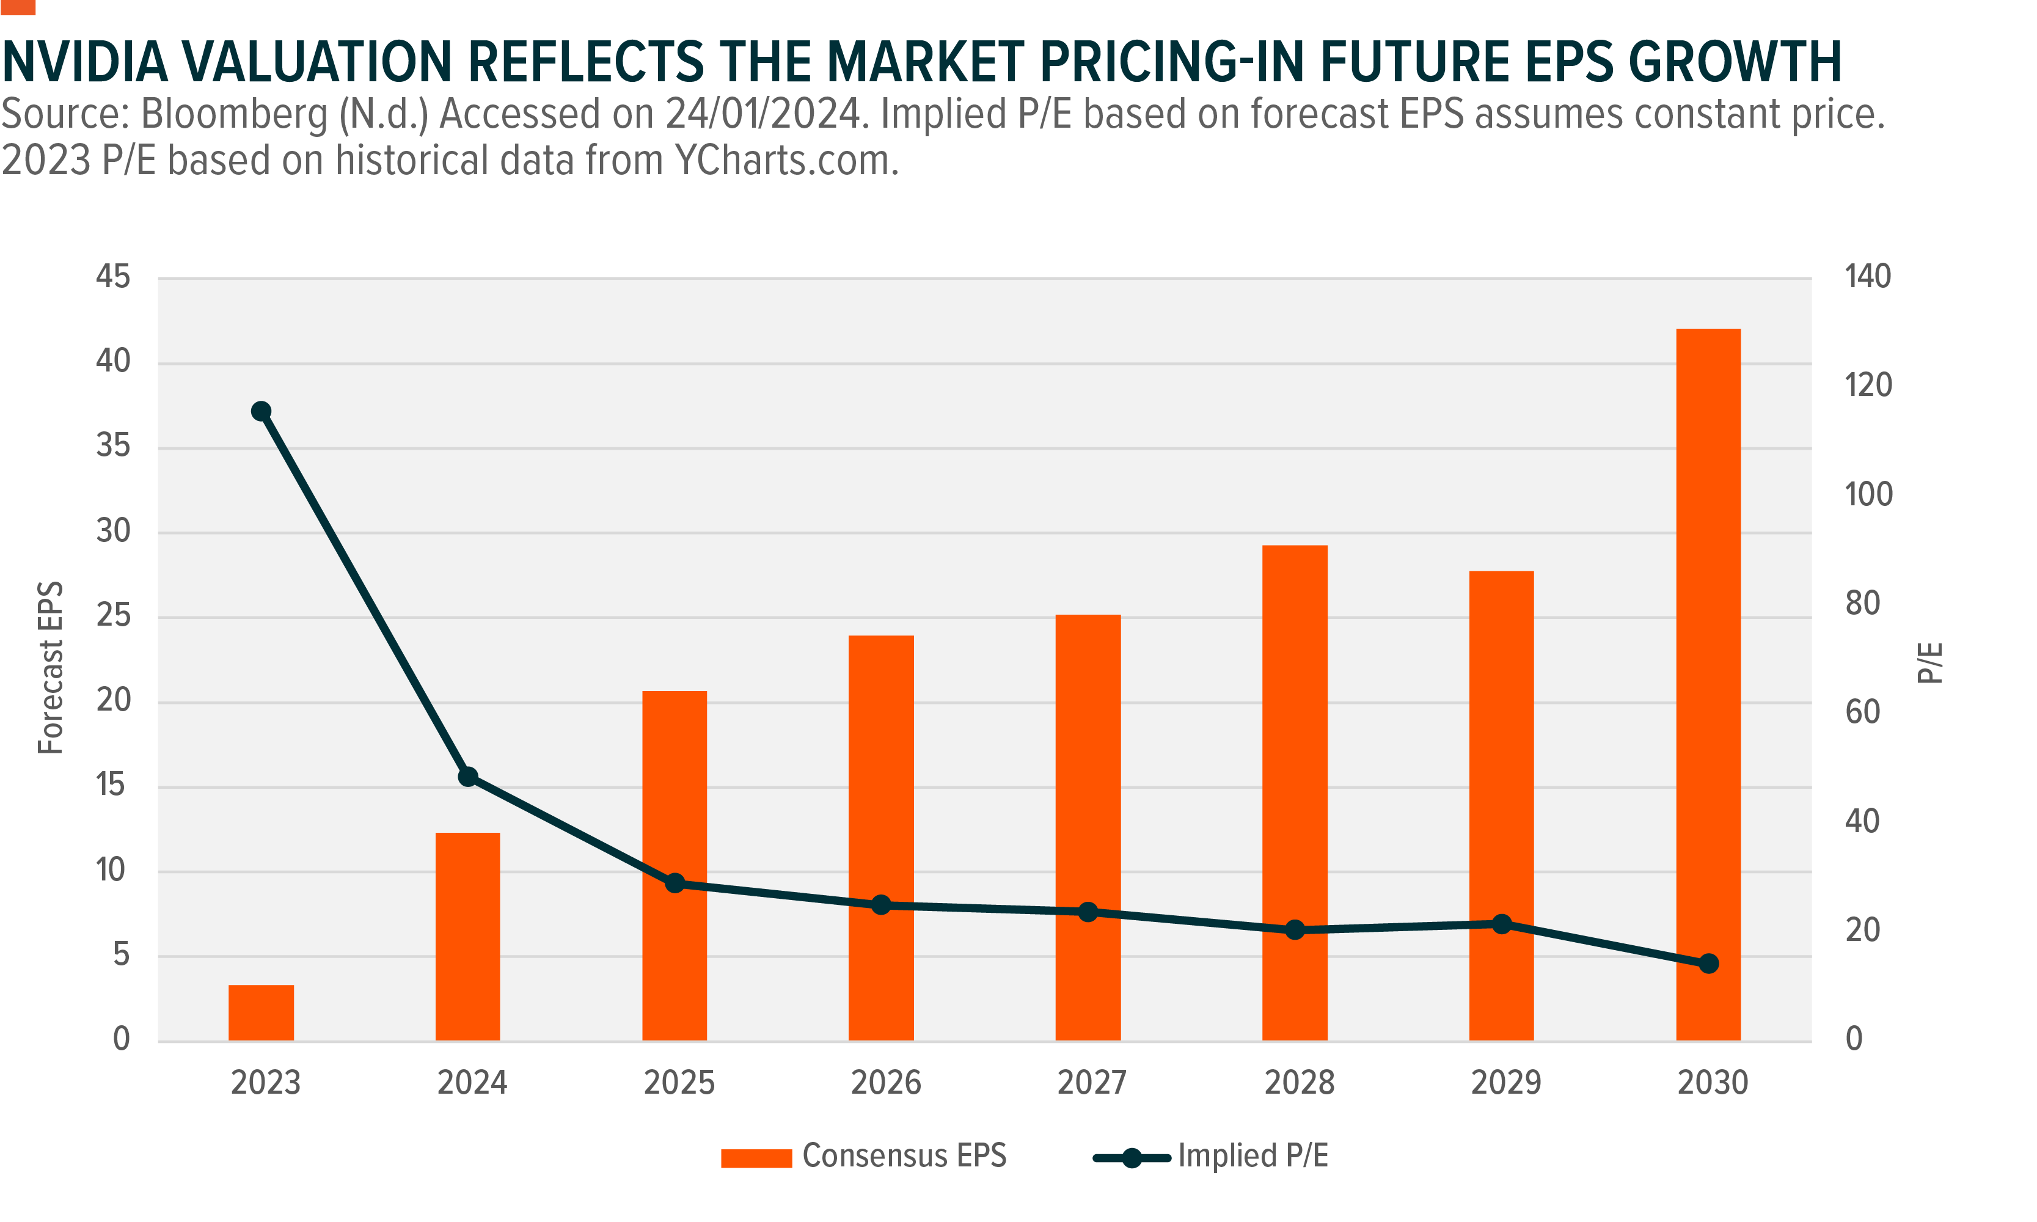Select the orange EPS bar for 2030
(1708, 684)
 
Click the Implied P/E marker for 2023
(261, 411)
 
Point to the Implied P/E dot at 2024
(467, 777)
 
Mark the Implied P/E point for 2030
(1708, 964)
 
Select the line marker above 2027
(1088, 912)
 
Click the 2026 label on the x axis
(885, 1083)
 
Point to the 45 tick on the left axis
(113, 277)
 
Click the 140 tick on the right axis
(1867, 277)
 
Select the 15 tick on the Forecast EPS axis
(111, 785)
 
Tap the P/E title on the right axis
(1930, 663)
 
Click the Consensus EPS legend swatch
(756, 1158)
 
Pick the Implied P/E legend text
(1253, 1156)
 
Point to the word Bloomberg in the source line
(235, 114)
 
